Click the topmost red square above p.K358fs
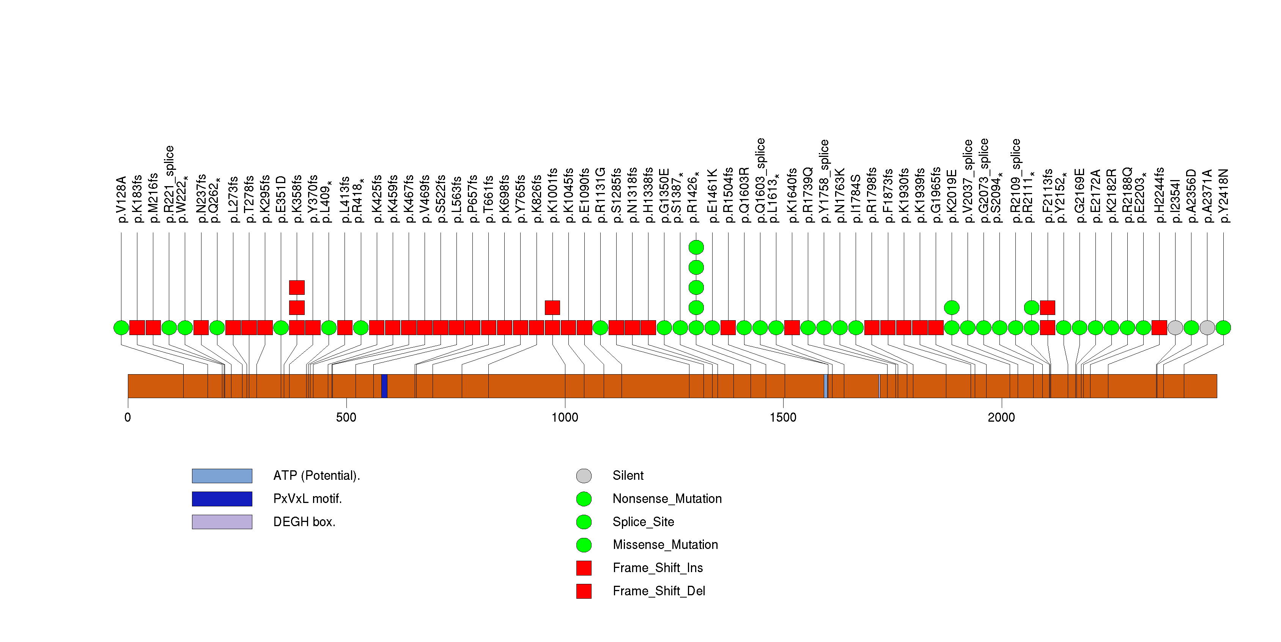click(x=297, y=287)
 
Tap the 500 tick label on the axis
click(x=346, y=417)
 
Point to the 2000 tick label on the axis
click(x=1001, y=417)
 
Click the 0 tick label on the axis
click(x=128, y=417)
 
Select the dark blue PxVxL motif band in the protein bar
click(x=384, y=386)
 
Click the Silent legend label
click(x=628, y=476)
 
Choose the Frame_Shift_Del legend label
click(x=658, y=591)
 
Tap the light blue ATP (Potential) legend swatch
click(x=222, y=476)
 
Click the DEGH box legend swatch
click(x=222, y=522)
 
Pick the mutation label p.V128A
click(x=122, y=199)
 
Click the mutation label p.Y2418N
click(x=1224, y=196)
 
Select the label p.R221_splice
click(x=170, y=184)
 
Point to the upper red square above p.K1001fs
click(x=552, y=308)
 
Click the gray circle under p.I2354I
click(x=1175, y=327)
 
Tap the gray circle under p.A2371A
click(x=1207, y=327)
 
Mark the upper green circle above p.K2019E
click(x=951, y=308)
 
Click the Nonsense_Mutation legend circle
click(x=584, y=499)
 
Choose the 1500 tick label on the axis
click(x=783, y=417)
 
